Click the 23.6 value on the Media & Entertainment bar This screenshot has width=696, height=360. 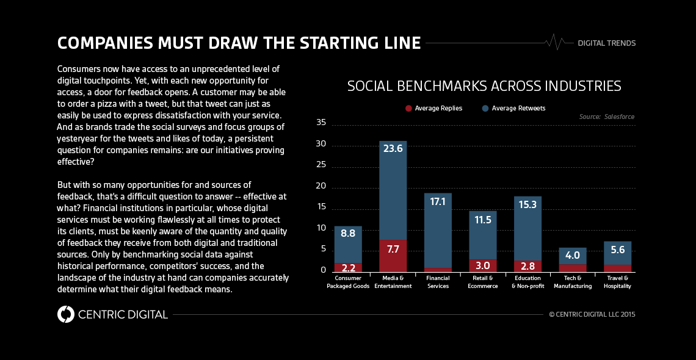click(x=393, y=148)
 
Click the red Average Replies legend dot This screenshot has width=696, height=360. click(x=408, y=109)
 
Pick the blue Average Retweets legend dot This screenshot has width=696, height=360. click(x=485, y=109)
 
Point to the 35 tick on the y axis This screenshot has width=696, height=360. click(x=321, y=123)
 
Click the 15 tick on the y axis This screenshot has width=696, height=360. click(x=321, y=207)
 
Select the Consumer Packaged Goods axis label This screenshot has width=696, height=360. click(x=348, y=282)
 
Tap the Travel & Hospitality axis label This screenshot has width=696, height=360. click(x=617, y=282)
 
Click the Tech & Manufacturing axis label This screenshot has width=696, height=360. click(x=573, y=282)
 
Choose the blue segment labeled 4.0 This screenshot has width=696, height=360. click(x=573, y=255)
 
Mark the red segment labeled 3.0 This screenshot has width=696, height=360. click(x=482, y=265)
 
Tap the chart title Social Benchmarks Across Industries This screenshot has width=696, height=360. click(x=484, y=86)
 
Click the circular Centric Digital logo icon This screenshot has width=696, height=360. click(x=65, y=314)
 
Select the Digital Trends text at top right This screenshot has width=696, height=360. click(x=606, y=43)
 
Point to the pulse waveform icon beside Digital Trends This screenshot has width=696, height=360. click(x=556, y=42)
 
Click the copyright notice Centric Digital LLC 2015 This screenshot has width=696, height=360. click(x=592, y=314)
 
